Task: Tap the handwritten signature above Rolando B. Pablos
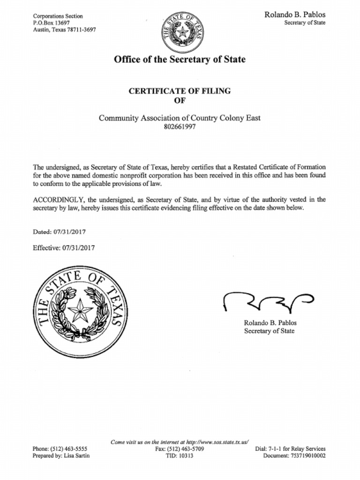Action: pyautogui.click(x=267, y=302)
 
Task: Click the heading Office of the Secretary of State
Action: pyautogui.click(x=180, y=60)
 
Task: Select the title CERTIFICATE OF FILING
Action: pyautogui.click(x=180, y=91)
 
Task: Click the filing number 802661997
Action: pyautogui.click(x=180, y=127)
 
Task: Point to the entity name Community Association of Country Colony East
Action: pyautogui.click(x=180, y=118)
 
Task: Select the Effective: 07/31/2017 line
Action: pyautogui.click(x=63, y=247)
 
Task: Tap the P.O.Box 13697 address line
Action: pyautogui.click(x=51, y=22)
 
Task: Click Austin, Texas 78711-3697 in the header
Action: pyautogui.click(x=64, y=29)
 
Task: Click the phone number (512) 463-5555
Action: pyautogui.click(x=68, y=449)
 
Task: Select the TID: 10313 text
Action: pyautogui.click(x=180, y=456)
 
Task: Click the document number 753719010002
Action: pyautogui.click(x=307, y=456)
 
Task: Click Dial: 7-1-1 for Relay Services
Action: pyautogui.click(x=290, y=449)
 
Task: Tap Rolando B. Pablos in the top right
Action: pyautogui.click(x=295, y=15)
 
